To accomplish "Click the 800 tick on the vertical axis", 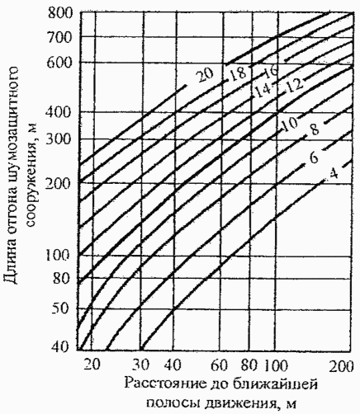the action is click(60, 13).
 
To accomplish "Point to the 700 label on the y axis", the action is click(60, 37).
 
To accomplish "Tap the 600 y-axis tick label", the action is click(60, 64).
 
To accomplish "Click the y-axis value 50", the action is click(60, 308).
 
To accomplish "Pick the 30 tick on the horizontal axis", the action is click(141, 365).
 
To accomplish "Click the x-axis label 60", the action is click(220, 365).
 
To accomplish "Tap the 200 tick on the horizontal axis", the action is click(341, 366).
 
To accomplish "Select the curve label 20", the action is click(206, 75).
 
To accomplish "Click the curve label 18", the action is click(237, 74).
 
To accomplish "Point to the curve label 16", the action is click(270, 72).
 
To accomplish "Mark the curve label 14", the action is click(263, 91).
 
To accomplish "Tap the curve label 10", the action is click(290, 124).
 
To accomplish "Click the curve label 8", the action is click(315, 129).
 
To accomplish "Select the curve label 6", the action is click(314, 158).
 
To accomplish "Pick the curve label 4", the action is click(334, 174).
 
